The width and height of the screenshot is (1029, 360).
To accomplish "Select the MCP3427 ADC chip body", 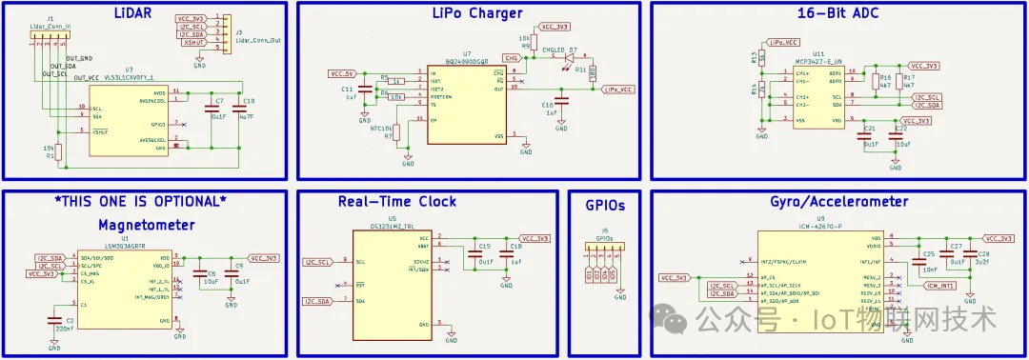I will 817,96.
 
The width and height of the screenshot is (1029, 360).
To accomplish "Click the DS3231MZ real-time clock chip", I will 393,286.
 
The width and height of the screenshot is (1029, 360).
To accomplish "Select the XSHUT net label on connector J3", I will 193,43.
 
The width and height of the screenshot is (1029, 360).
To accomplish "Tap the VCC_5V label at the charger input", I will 343,73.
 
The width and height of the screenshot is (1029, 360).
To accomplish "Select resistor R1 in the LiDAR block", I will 59,151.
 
